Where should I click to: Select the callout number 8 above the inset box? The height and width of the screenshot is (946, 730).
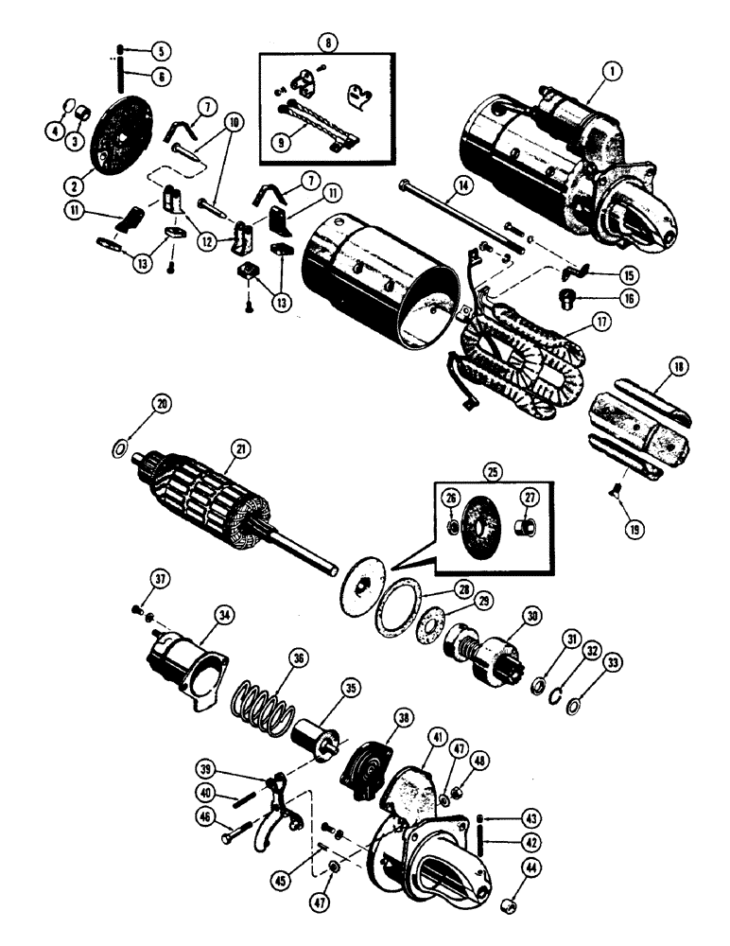(328, 43)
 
